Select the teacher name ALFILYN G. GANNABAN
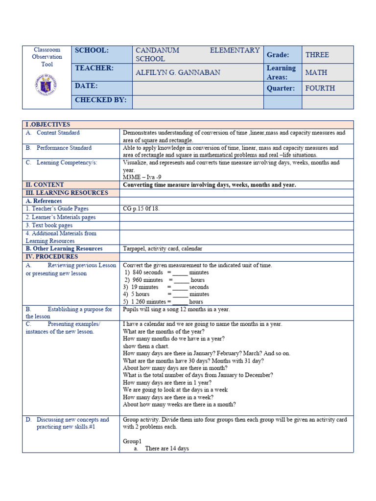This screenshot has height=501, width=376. coord(178,72)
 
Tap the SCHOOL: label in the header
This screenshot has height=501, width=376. coord(92,50)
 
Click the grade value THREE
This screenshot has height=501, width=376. coord(317,55)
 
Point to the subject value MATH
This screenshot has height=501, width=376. coord(316,72)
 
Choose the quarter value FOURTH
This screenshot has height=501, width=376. coord(320,88)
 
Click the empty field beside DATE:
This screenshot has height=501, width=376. coord(198,88)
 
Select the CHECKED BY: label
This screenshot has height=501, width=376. coord(100,100)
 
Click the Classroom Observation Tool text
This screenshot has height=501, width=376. coord(47,57)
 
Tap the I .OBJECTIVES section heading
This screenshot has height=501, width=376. coord(48,125)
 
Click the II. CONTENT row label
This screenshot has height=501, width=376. coord(45,185)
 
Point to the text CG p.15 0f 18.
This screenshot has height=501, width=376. coord(141,209)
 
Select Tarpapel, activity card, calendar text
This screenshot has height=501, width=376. coord(163,249)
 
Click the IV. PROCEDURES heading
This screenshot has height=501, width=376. coord(51,256)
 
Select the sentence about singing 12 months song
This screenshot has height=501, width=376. coord(176,310)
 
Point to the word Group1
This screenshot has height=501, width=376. coord(132,441)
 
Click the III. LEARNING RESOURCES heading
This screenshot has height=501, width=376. coord(67,193)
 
